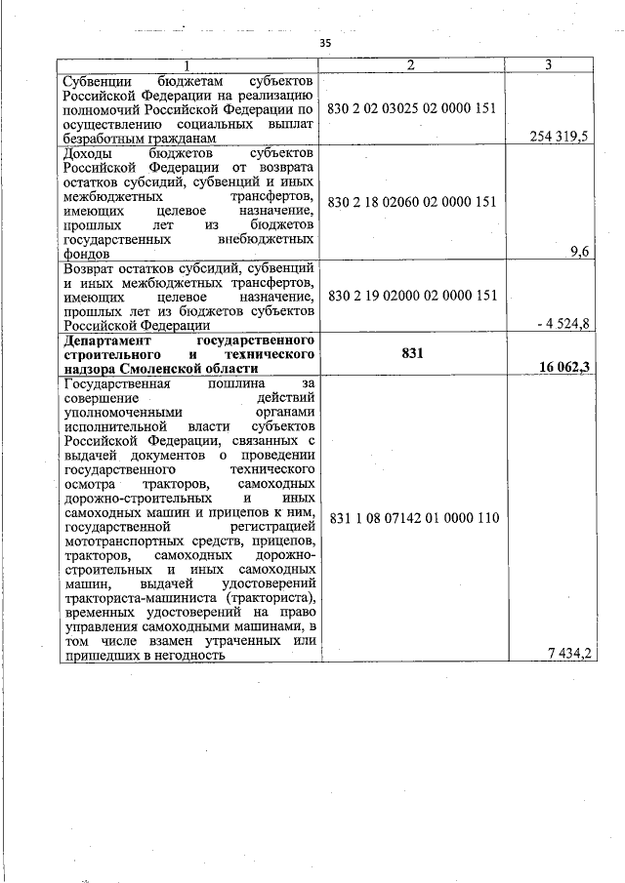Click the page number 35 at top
pyautogui.click(x=326, y=43)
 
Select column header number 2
pyautogui.click(x=411, y=64)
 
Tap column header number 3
pyautogui.click(x=549, y=64)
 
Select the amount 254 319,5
pyautogui.click(x=559, y=137)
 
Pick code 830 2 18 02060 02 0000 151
pyautogui.click(x=411, y=202)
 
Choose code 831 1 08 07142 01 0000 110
pyautogui.click(x=411, y=518)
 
